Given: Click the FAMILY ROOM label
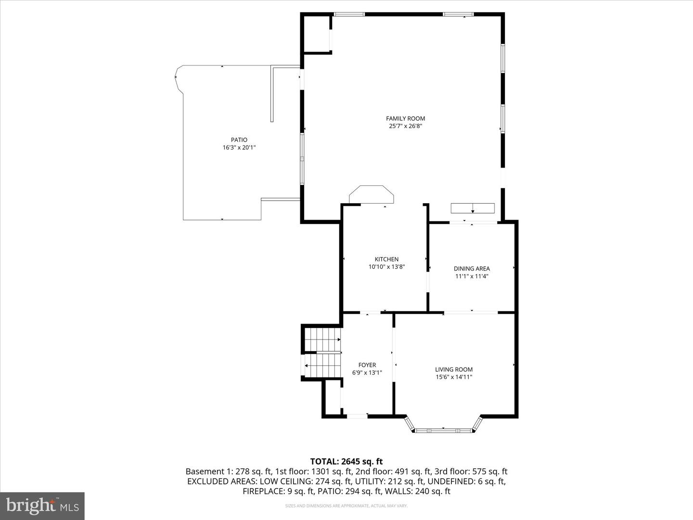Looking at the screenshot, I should [x=405, y=118].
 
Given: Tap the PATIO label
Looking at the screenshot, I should [x=239, y=140].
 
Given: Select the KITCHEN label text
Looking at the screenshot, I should [x=386, y=259].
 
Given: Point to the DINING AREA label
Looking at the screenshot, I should [x=472, y=269].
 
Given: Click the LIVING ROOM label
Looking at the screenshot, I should [x=454, y=369].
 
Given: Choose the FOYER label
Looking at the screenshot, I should [x=367, y=365].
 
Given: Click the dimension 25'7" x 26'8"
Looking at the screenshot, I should [x=405, y=126].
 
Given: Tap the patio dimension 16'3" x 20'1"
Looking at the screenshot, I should [x=239, y=148].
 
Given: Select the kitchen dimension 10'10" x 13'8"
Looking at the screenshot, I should [x=386, y=267].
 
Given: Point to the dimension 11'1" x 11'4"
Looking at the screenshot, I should [x=472, y=276].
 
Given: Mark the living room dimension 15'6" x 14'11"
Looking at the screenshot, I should [x=454, y=377].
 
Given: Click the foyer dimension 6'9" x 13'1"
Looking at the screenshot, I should [x=367, y=373].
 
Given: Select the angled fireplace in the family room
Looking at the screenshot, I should [x=371, y=195].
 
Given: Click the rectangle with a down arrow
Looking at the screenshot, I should [x=473, y=208].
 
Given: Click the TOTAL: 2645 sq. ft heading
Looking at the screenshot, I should [x=346, y=462].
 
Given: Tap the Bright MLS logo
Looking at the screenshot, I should [x=42, y=506].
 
